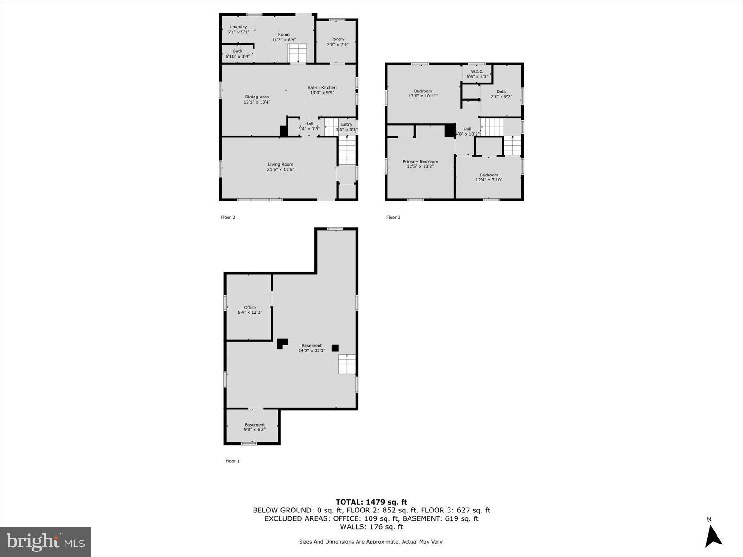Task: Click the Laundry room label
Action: click(238, 27)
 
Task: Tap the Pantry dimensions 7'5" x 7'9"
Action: click(338, 45)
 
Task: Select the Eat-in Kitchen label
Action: click(322, 87)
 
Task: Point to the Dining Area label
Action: click(257, 97)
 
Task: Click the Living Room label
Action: click(280, 164)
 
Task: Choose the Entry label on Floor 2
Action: click(346, 124)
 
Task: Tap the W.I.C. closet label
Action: click(477, 71)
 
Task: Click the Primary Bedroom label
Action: click(420, 162)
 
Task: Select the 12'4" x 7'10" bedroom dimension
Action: click(489, 180)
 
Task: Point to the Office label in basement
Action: click(250, 307)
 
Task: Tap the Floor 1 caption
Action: click(232, 461)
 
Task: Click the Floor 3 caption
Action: click(393, 217)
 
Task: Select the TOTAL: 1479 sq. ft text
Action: click(371, 502)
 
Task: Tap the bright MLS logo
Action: click(45, 542)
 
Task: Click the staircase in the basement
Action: click(346, 364)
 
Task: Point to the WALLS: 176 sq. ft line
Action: click(371, 527)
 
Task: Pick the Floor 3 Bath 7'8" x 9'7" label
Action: click(501, 94)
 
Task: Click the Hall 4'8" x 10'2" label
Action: click(467, 131)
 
